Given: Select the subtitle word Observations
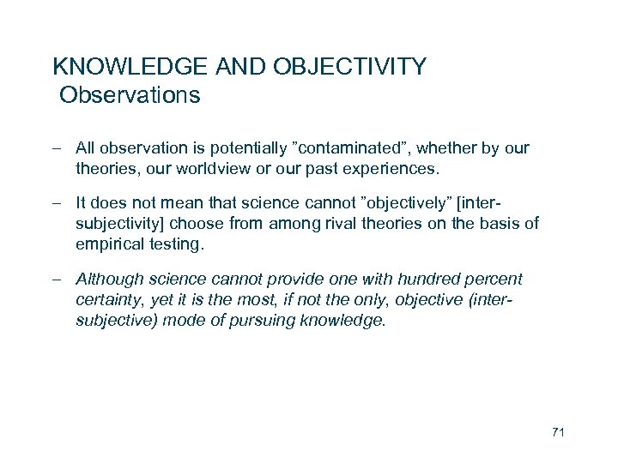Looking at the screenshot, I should [x=130, y=94].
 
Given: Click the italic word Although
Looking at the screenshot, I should [x=107, y=280].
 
